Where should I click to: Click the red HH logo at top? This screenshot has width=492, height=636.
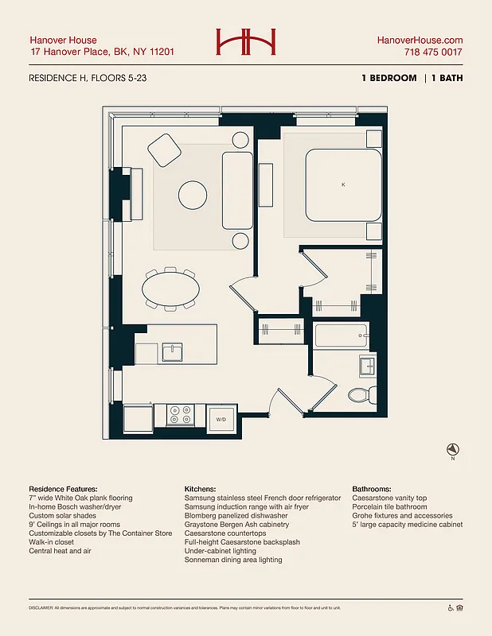pos(246,43)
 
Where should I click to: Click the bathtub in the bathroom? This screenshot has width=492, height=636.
pos(341,335)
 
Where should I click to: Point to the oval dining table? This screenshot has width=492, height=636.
pos(170,289)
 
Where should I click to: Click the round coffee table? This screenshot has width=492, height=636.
pos(193,194)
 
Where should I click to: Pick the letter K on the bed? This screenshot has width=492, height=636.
pos(343,184)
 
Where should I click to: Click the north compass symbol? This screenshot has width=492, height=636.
pos(451,449)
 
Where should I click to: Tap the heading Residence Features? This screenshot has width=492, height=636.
pos(63,489)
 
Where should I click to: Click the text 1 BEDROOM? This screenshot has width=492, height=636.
pos(389,79)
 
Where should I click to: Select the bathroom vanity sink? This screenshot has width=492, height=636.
pos(366,366)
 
